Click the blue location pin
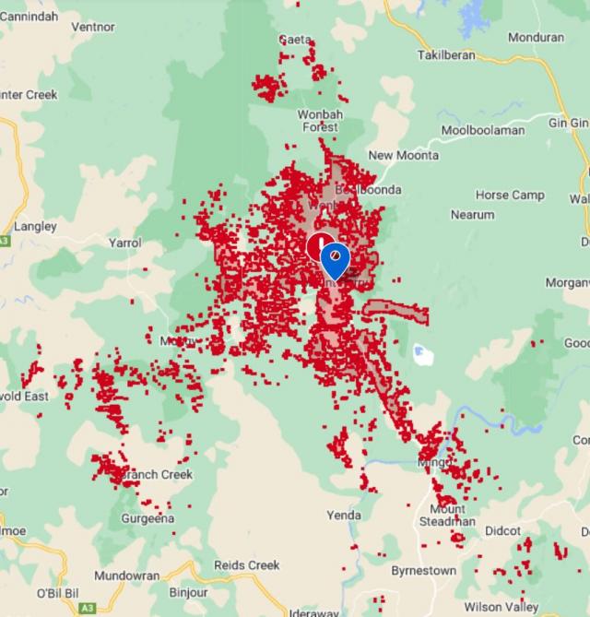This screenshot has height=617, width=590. (335, 259)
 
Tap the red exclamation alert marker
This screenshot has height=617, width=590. (318, 246)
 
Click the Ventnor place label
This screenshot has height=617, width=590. (92, 27)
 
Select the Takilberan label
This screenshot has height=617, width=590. (445, 55)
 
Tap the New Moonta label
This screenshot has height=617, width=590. (404, 155)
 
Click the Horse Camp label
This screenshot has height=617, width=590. (510, 196)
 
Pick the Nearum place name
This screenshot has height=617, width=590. (472, 215)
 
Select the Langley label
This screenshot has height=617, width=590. (36, 226)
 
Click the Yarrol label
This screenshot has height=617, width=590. (125, 243)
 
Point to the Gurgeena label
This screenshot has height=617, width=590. (147, 519)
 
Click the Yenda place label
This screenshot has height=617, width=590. (344, 515)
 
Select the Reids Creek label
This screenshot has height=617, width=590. (246, 565)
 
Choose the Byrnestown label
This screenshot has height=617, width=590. (422, 571)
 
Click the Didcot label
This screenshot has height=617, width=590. (502, 531)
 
